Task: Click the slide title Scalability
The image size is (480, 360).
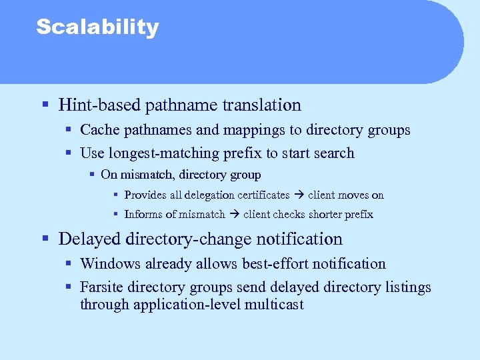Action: pyautogui.click(x=97, y=27)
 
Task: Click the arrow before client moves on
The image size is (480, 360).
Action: pyautogui.click(x=299, y=195)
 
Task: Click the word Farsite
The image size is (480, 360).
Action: pyautogui.click(x=101, y=288)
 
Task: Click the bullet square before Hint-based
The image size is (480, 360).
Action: pyautogui.click(x=45, y=105)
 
